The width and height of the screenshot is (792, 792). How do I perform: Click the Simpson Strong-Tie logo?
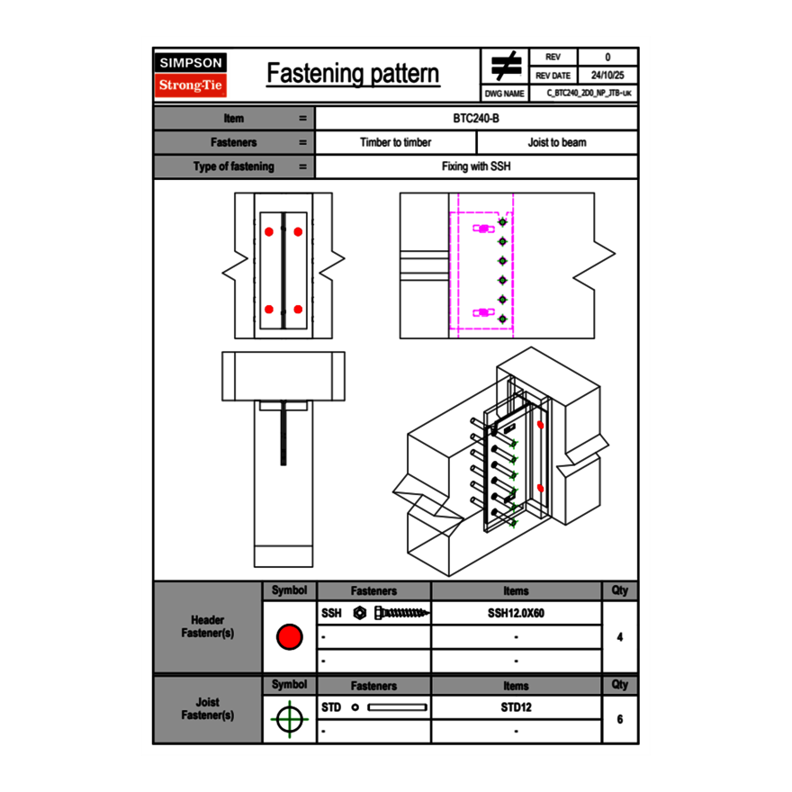pyautogui.click(x=191, y=75)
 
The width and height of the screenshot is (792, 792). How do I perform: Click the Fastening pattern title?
pyautogui.click(x=353, y=74)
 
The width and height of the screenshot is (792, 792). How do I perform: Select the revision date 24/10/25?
pyautogui.click(x=607, y=76)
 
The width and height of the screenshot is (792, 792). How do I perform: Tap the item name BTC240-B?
pyautogui.click(x=476, y=118)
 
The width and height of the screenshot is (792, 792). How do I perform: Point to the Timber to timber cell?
pyautogui.click(x=395, y=142)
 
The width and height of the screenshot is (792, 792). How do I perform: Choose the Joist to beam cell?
pyautogui.click(x=557, y=142)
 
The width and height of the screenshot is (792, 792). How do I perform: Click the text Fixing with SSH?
pyautogui.click(x=476, y=166)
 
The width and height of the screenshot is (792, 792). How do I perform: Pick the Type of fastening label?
pyautogui.click(x=234, y=166)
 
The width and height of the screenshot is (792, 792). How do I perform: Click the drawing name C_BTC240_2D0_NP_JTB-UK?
pyautogui.click(x=589, y=93)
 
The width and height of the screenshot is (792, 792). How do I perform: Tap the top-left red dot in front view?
pyautogui.click(x=268, y=231)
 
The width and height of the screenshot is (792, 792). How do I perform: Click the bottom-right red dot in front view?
pyautogui.click(x=298, y=309)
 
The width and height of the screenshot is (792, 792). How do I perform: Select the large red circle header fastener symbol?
pyautogui.click(x=289, y=637)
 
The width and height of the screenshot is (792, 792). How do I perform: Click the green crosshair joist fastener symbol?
pyautogui.click(x=289, y=720)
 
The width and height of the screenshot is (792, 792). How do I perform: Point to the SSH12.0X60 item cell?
pyautogui.click(x=516, y=613)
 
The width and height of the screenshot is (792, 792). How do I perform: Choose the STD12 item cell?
pyautogui.click(x=516, y=707)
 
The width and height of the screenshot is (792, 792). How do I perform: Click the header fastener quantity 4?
pyautogui.click(x=620, y=637)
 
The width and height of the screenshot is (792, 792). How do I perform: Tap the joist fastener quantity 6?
pyautogui.click(x=620, y=720)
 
